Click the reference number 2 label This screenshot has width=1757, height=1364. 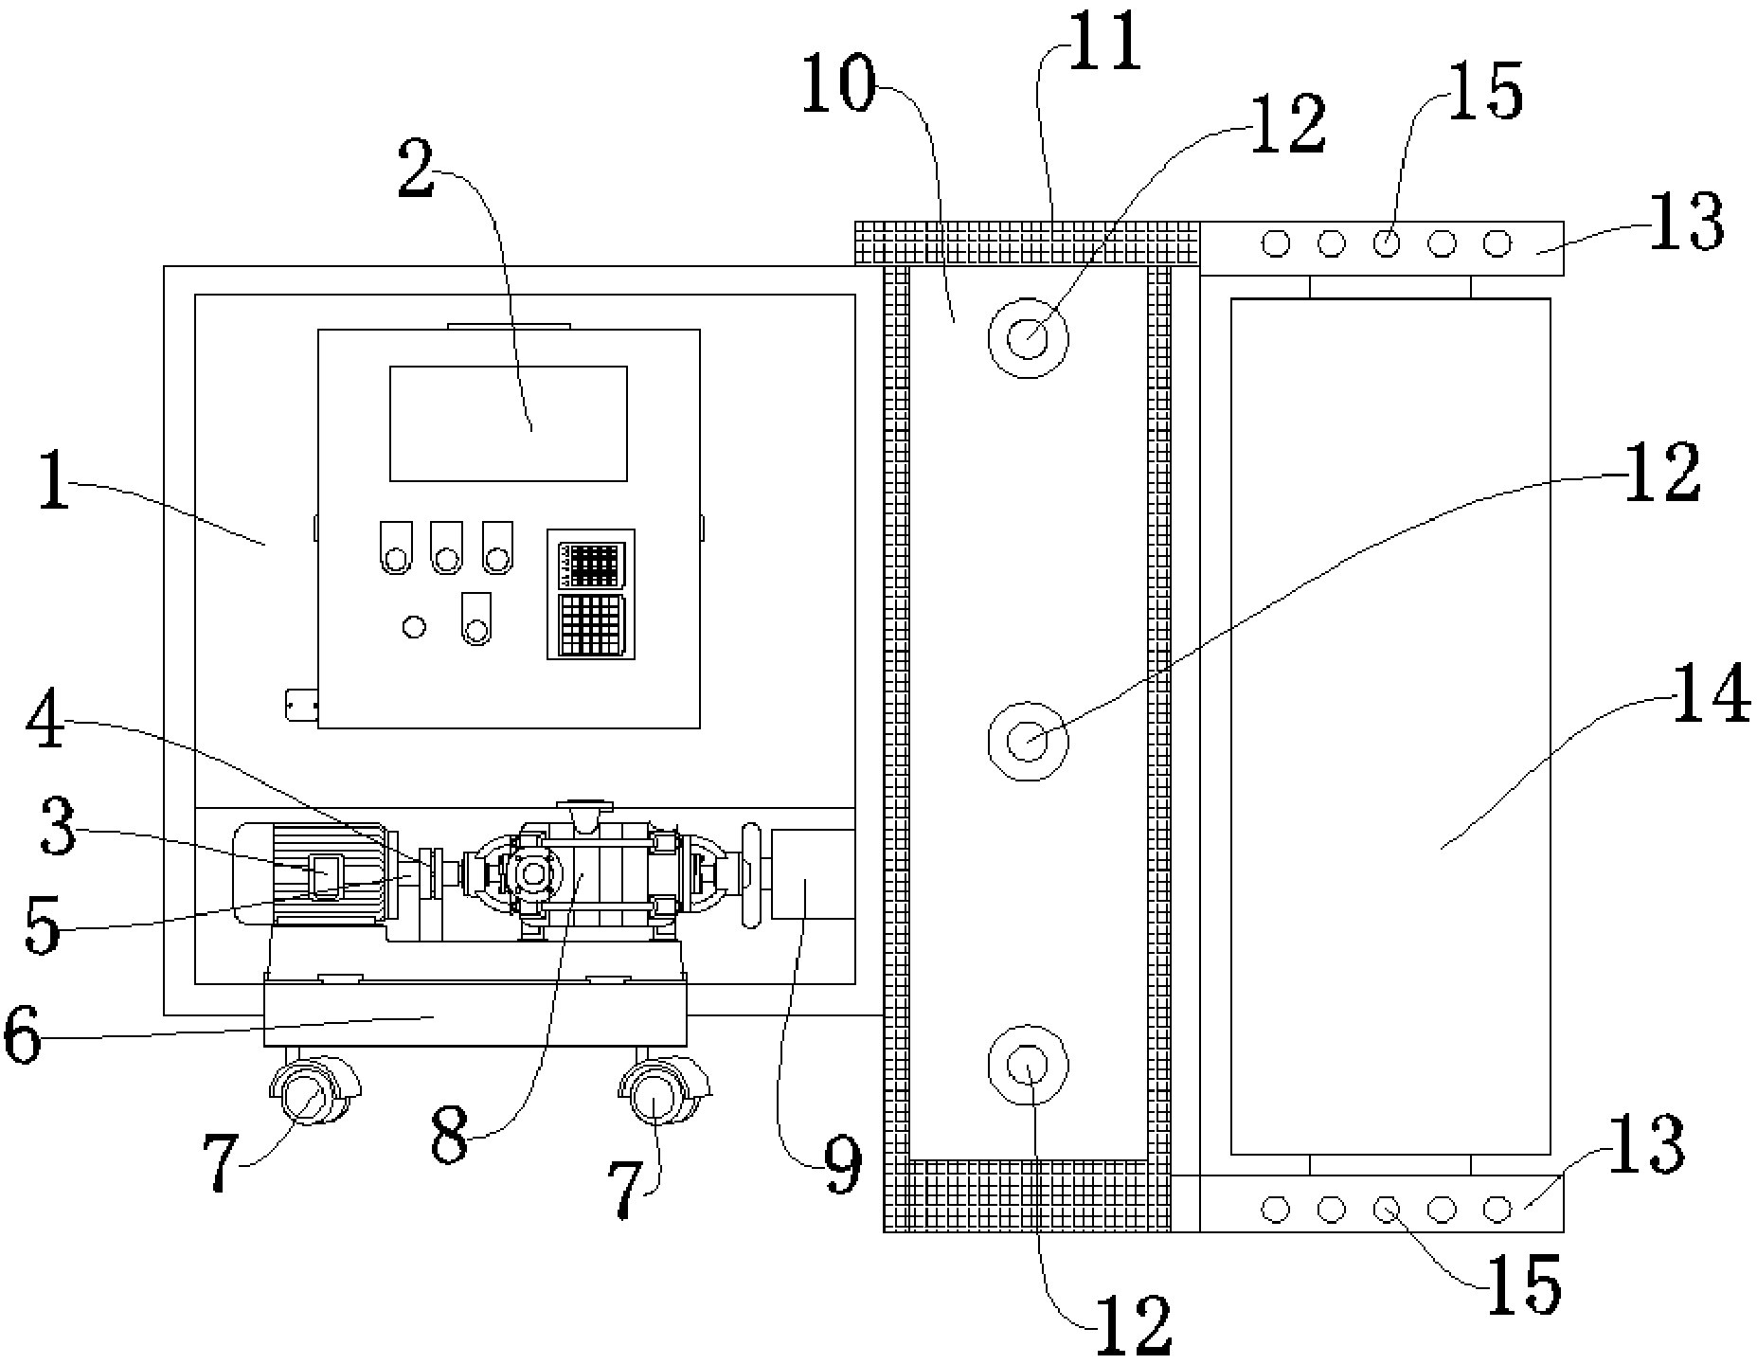(418, 169)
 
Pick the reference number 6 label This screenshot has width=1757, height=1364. (26, 1037)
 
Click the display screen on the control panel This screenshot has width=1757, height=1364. (509, 422)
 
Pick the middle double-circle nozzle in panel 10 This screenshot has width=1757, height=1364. (1028, 740)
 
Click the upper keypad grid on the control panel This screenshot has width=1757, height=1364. (590, 565)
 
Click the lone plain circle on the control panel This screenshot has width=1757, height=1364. (414, 626)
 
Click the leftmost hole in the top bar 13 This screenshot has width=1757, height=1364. (1276, 244)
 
